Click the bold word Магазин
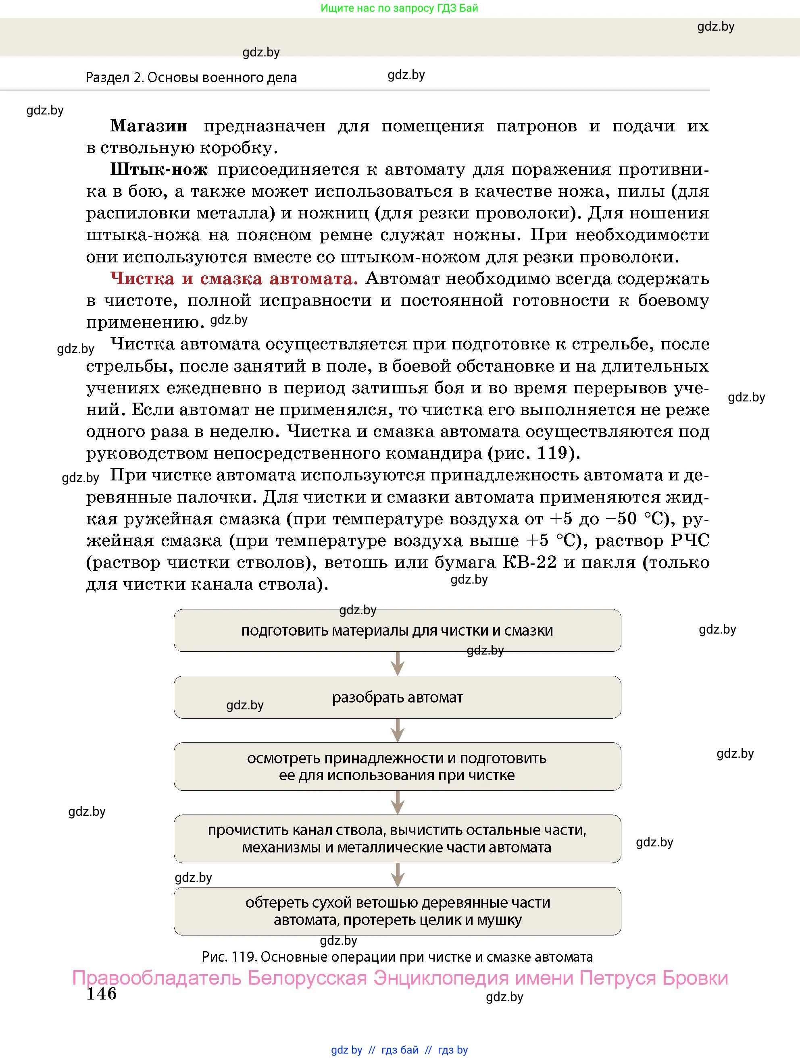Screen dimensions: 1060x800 [x=149, y=126]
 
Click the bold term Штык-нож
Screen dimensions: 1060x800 [x=158, y=170]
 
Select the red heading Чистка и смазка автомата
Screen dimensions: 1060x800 [x=234, y=279]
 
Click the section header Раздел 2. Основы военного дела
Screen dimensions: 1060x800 [x=191, y=78]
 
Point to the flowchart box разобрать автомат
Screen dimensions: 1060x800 [x=397, y=697]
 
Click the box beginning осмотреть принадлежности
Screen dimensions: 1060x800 [x=397, y=767]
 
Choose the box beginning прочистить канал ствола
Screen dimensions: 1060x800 [x=397, y=839]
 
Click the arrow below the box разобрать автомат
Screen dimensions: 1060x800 [x=397, y=730]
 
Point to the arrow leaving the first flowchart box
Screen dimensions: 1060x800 [x=397, y=664]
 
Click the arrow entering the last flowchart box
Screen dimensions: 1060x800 [x=397, y=875]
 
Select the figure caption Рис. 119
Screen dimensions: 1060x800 [x=397, y=957]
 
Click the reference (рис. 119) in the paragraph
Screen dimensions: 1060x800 [x=533, y=453]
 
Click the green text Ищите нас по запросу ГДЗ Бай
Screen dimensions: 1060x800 [x=399, y=8]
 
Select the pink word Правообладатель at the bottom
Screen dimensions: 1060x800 [x=157, y=977]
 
